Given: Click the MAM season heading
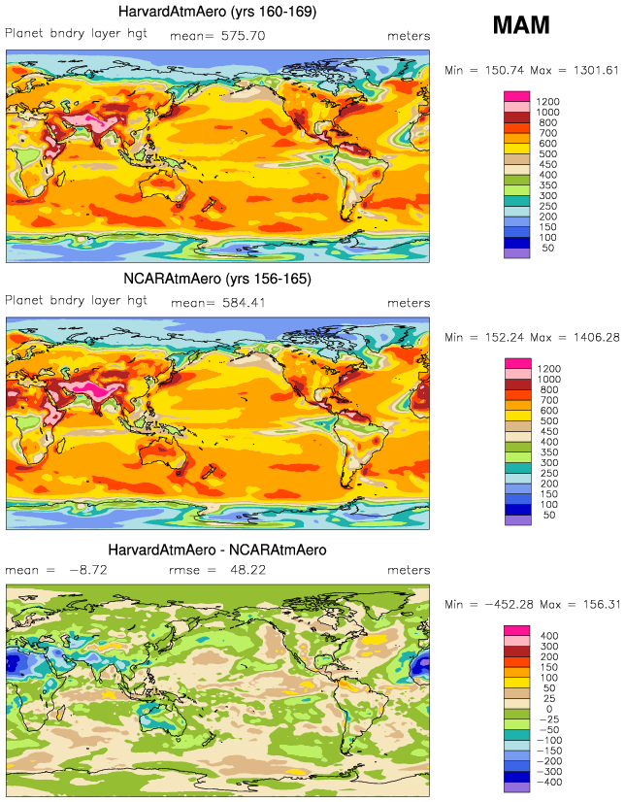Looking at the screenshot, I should (520, 25).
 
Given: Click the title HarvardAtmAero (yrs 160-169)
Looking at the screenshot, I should (216, 13).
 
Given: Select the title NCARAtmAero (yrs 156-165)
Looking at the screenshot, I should (216, 278).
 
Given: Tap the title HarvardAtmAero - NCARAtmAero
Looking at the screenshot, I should (216, 550).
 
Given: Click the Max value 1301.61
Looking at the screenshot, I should (592, 69).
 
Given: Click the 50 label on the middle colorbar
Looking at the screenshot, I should (548, 515).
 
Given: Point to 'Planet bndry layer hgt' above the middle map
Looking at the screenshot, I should (77, 301).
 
